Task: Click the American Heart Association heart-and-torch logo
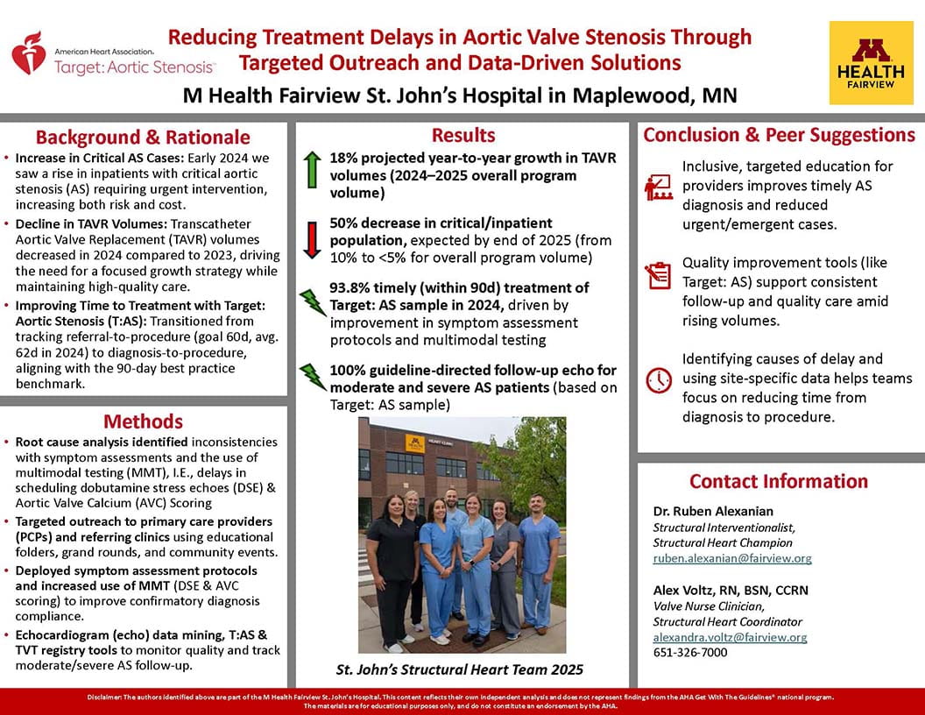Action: (x=29, y=53)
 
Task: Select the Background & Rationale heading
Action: (x=143, y=138)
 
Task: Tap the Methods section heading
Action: (x=143, y=421)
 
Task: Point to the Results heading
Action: (x=463, y=135)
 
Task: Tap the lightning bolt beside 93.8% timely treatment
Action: (x=312, y=302)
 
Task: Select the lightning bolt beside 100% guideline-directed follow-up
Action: (x=312, y=376)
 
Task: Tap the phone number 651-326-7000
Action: (x=690, y=653)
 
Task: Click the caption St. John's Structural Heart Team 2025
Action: (x=460, y=670)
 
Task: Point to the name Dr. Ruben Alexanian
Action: (x=714, y=512)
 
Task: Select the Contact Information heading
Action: (x=779, y=481)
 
